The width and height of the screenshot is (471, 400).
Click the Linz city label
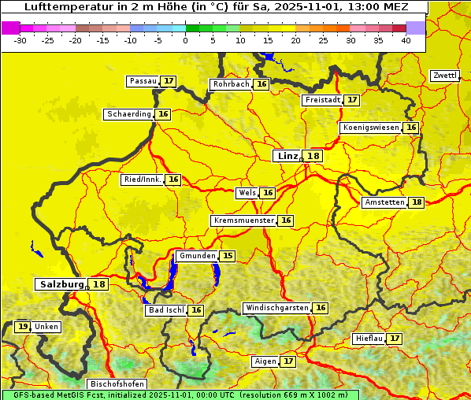pos(287,156)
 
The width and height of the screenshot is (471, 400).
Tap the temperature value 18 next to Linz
pos(313,156)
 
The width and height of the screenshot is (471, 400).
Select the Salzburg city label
pos(61,284)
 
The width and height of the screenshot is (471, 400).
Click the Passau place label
pos(143,81)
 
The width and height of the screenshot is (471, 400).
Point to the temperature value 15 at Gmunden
pos(227,256)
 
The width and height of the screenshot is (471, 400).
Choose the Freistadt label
pos(323,100)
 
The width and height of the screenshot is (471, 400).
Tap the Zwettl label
pos(444,76)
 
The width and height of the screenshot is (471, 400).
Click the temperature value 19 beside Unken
pos(23,327)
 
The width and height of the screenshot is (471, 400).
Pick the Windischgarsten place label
pos(276,308)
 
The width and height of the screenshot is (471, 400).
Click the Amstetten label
pos(384,202)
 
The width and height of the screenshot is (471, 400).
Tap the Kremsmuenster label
pos(243,220)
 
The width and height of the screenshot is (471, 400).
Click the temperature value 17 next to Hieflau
pos(395,339)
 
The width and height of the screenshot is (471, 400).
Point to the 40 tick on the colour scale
pos(406,40)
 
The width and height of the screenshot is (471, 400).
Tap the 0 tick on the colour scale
pos(185,40)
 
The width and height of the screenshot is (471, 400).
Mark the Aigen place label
pos(265,361)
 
